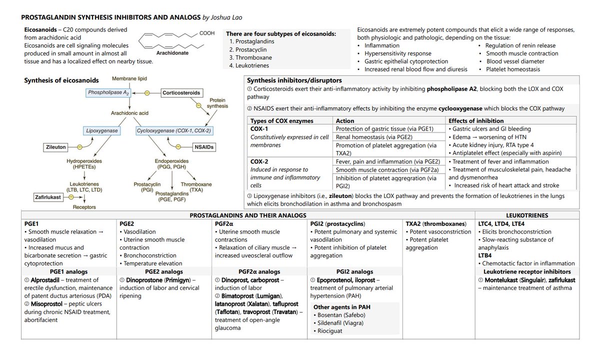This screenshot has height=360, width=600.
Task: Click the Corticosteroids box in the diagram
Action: tap(181, 93)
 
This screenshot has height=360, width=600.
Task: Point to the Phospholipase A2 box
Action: tap(108, 93)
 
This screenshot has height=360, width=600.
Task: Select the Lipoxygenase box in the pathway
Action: tap(101, 131)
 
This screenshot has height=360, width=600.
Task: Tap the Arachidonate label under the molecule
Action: tap(172, 52)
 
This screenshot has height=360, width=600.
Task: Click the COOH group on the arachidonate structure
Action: tap(206, 33)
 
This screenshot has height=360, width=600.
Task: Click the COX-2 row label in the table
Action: tap(259, 161)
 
